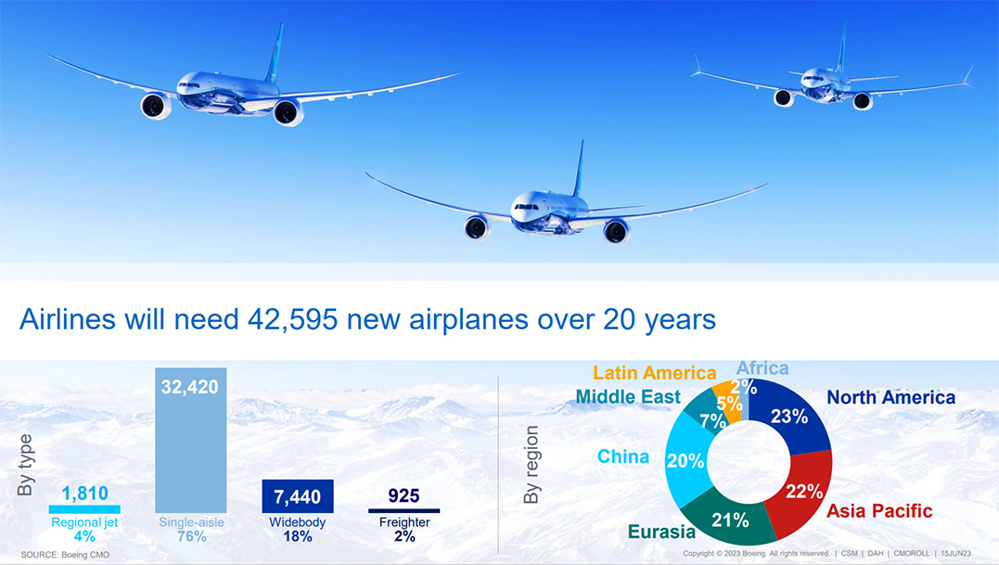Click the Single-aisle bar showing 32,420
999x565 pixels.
(x=190, y=440)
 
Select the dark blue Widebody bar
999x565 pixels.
(x=298, y=496)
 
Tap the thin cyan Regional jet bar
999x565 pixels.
(x=84, y=509)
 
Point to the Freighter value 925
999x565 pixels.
(x=403, y=495)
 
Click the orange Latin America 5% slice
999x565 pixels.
(x=728, y=403)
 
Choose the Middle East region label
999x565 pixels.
(x=628, y=397)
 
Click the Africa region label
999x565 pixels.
(x=762, y=368)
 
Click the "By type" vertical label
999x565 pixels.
(x=25, y=465)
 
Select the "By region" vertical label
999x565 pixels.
(x=531, y=465)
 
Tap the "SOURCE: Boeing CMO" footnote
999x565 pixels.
(x=65, y=555)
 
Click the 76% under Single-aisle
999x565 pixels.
(x=191, y=537)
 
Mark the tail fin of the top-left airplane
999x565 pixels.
(x=275, y=53)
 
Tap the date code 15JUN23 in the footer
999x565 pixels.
(x=955, y=554)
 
